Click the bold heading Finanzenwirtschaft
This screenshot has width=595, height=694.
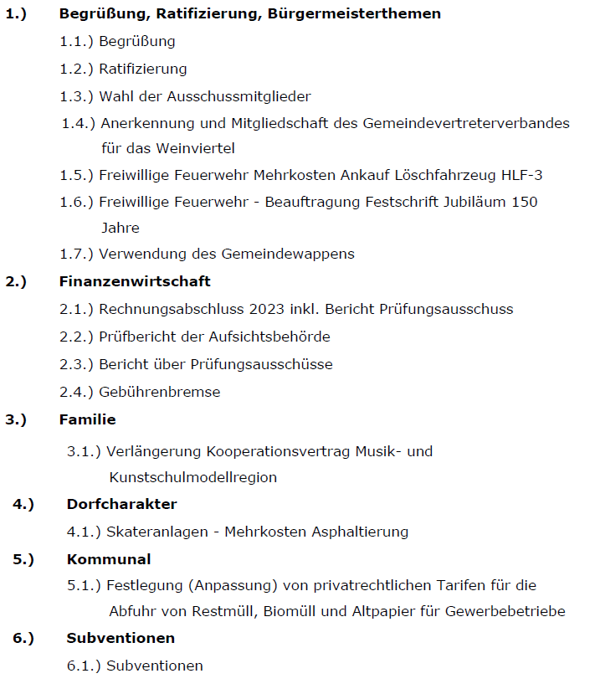pos(135,282)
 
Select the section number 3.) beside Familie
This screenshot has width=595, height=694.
pos(17,419)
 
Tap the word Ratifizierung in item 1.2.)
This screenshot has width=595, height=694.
pos(142,69)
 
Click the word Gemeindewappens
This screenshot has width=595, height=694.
pos(287,254)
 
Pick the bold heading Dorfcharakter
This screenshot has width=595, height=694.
pos(121,504)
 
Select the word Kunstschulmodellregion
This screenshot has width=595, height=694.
pos(192,478)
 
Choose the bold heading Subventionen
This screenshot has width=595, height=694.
pos(121,638)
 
